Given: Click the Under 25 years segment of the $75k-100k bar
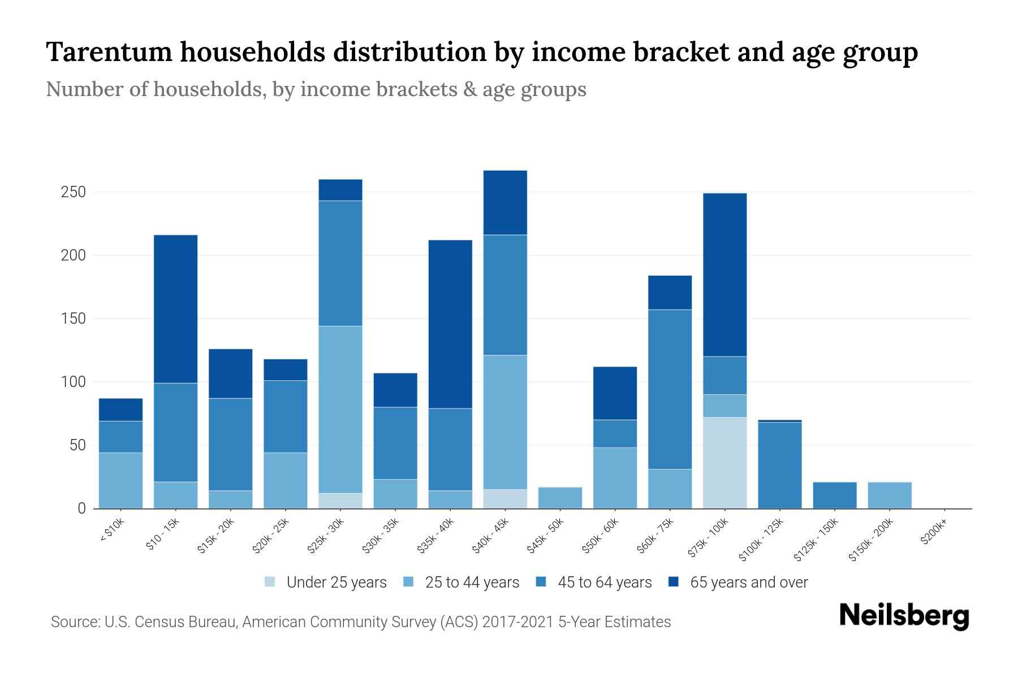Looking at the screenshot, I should pos(724,463).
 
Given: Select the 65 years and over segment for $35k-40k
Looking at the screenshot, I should pos(450,324).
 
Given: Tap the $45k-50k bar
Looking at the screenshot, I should pos(560,498).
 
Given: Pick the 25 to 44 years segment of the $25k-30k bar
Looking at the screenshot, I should pos(340,409).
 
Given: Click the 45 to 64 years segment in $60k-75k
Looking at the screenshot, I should pos(670,389).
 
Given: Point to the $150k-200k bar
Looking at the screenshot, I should pos(889,495).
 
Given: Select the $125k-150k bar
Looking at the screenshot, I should pos(834,495).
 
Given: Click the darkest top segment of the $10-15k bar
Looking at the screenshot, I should pos(176,308).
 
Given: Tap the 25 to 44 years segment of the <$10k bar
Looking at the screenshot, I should pos(120,480).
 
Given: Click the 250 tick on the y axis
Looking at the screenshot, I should pos(73,192).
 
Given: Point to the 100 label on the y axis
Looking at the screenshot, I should pos(73,382).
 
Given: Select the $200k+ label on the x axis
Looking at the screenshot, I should pos(934,533).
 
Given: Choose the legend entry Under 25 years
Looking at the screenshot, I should pos(337,582).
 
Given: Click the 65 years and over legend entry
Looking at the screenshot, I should pos(748,582).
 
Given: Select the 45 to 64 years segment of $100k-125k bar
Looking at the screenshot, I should pos(779,465).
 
